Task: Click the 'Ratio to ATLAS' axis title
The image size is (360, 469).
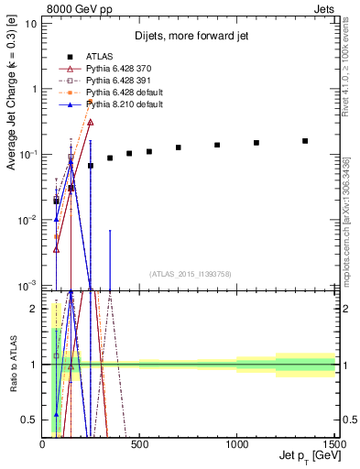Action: point(12,365)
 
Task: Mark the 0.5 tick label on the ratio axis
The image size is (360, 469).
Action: point(30,420)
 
